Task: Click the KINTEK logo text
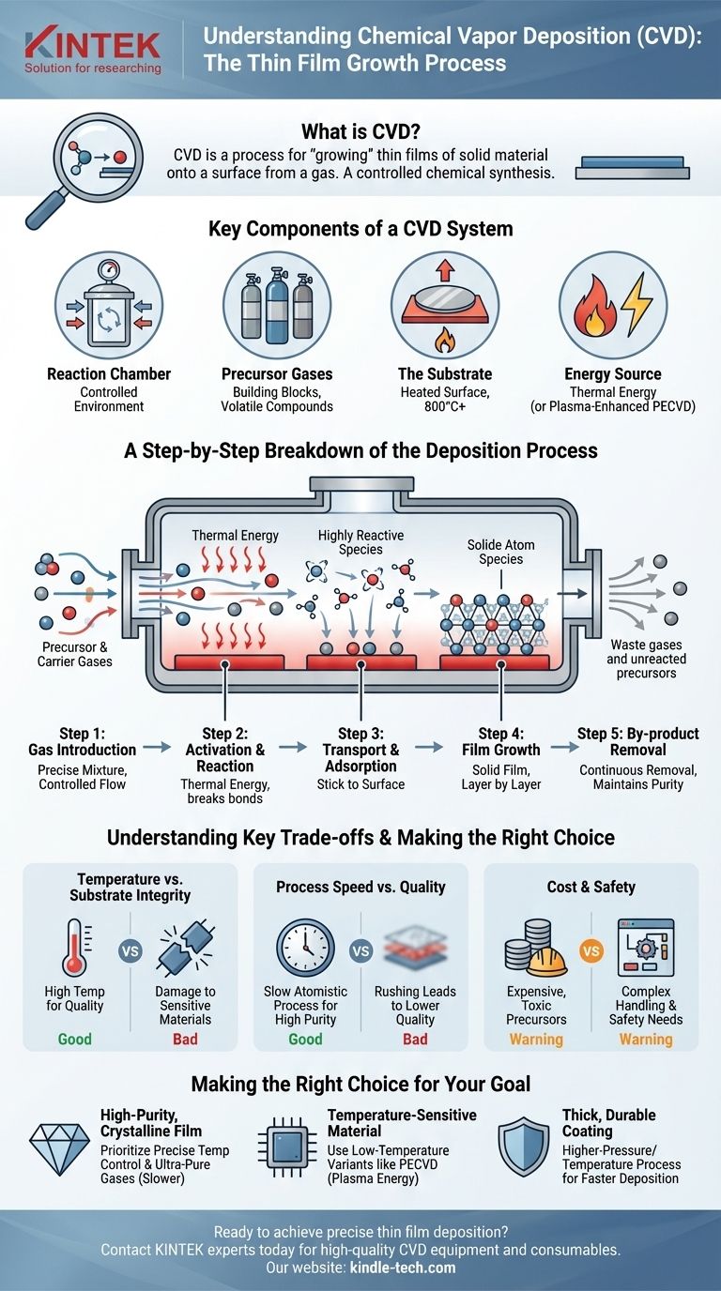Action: (92, 42)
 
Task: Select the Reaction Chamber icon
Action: (109, 305)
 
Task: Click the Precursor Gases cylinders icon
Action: (276, 305)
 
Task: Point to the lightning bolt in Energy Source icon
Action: (636, 303)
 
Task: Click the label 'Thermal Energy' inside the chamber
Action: (235, 536)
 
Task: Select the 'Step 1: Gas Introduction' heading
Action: (82, 741)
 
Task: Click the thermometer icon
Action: (74, 949)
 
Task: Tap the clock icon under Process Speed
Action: (306, 949)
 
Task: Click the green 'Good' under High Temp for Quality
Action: (74, 1040)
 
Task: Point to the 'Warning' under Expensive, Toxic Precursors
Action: (536, 1040)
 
